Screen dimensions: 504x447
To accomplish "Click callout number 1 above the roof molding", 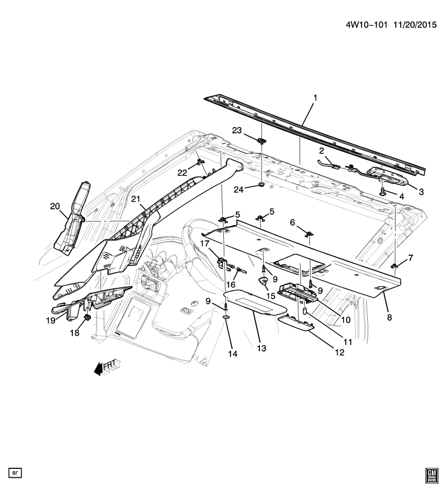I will coord(315,98).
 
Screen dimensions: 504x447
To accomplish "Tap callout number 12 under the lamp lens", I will coord(340,353).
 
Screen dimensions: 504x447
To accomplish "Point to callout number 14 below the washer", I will coord(233,354).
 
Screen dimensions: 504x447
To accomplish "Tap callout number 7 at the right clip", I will coord(411,258).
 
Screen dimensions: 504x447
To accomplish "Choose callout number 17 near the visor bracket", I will coord(204,244).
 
